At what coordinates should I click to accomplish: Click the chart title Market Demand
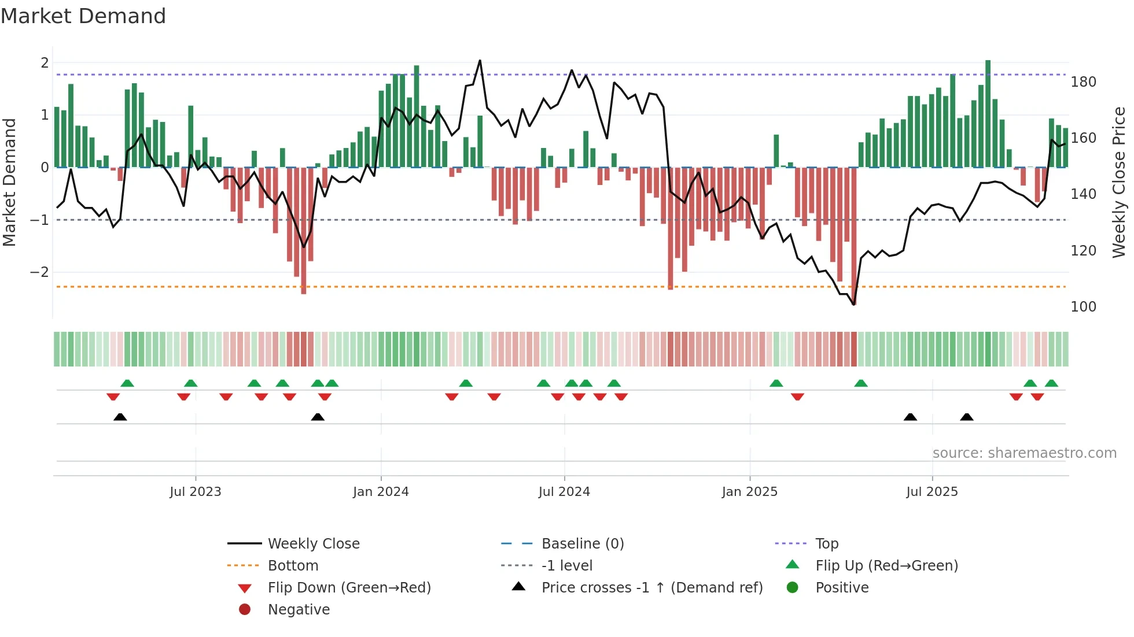click(83, 16)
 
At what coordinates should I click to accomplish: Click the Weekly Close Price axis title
click(1119, 182)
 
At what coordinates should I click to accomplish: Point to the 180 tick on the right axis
click(1083, 82)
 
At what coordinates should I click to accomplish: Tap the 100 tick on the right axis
click(1083, 307)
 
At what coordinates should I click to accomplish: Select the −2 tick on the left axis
click(39, 272)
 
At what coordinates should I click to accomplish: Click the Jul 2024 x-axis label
click(564, 492)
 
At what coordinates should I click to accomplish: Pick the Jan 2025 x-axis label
click(749, 492)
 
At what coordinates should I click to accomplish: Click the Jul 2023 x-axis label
click(196, 492)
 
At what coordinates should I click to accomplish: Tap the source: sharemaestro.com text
click(1024, 453)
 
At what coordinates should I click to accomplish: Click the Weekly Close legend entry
click(313, 544)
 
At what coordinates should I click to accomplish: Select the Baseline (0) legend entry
click(582, 544)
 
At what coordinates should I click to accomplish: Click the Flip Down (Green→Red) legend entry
click(349, 588)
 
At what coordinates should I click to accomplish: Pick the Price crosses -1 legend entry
click(651, 588)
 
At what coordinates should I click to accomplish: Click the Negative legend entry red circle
click(245, 610)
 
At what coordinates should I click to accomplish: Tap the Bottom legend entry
click(293, 566)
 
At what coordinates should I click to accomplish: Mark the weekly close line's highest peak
click(480, 60)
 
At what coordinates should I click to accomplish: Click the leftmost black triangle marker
click(120, 417)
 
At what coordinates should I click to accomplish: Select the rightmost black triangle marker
click(966, 417)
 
